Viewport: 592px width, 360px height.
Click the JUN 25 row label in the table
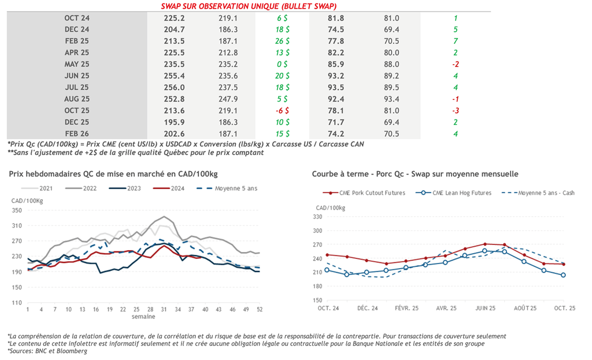(77, 75)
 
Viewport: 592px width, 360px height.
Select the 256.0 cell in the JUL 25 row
(174, 87)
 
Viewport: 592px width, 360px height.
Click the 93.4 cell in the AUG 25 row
(391, 98)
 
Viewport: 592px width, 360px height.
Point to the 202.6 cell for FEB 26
(174, 133)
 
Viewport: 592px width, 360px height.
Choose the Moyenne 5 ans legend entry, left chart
(231, 188)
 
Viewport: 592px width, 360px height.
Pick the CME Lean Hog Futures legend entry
(460, 192)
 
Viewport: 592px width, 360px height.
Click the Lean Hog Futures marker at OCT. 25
(563, 275)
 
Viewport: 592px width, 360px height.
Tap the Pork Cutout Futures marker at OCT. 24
(327, 254)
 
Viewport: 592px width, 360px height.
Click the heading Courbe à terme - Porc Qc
(415, 173)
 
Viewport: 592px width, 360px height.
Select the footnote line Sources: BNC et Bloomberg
(47, 351)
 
